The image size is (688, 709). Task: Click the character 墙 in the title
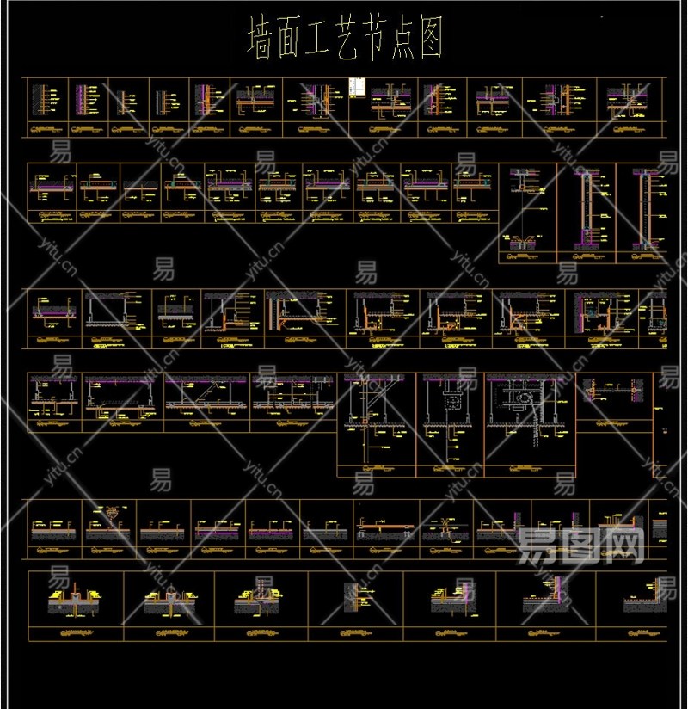coord(259,40)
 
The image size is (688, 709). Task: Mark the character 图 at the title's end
coord(429,40)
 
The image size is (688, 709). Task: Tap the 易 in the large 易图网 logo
coord(540,544)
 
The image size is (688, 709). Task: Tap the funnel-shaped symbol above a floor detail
coord(113,509)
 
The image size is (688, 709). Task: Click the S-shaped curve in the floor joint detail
coord(445,524)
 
